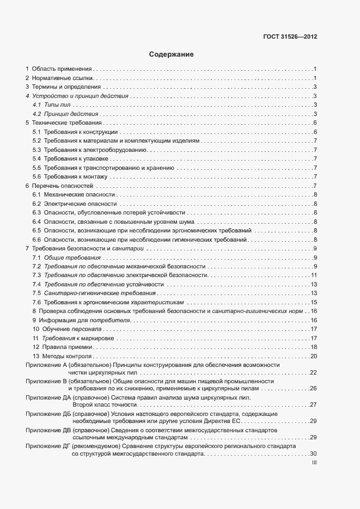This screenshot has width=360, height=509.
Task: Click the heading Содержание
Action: tap(171, 54)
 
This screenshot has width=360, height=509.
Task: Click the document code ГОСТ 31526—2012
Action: tap(290, 36)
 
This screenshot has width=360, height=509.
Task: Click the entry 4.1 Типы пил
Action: tap(52, 105)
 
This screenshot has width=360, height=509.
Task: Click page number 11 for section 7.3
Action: tap(314, 275)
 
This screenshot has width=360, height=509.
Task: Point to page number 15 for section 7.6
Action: tap(314, 302)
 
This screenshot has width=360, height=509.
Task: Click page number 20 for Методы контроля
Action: tap(314, 356)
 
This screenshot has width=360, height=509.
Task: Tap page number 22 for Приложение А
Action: tap(313, 373)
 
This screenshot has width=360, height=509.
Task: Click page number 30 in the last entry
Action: tap(313, 454)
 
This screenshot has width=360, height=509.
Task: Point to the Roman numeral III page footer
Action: tap(314, 463)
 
